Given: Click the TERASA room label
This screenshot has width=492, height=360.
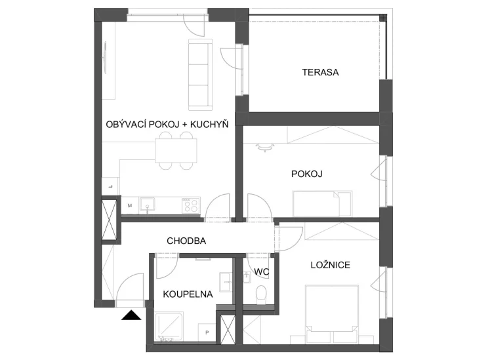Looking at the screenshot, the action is (x=320, y=72).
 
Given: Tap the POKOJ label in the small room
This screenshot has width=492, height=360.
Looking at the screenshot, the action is (x=306, y=174).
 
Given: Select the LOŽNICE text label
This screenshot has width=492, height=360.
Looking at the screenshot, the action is (x=331, y=265).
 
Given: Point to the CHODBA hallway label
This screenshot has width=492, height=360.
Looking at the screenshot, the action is (x=186, y=241).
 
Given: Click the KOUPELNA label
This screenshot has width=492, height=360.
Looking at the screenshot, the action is (x=188, y=294).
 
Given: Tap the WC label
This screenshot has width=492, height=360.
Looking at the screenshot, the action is (x=261, y=271).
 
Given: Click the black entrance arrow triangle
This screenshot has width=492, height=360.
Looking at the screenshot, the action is (x=131, y=315).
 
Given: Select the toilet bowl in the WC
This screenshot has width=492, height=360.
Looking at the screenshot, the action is (x=261, y=295).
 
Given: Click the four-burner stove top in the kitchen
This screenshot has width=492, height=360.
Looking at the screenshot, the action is (x=191, y=205).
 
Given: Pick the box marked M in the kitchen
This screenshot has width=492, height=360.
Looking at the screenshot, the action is (x=130, y=205).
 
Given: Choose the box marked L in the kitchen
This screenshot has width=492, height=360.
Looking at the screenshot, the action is (x=110, y=187).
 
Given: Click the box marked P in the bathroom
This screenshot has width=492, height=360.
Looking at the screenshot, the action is (x=207, y=332).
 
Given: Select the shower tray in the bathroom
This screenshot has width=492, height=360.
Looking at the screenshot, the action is (x=169, y=327).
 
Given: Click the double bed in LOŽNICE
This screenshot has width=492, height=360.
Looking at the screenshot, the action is (x=332, y=314).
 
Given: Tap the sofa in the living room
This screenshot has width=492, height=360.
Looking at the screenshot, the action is (x=201, y=75).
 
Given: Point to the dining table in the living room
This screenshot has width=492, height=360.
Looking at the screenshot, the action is (x=176, y=151).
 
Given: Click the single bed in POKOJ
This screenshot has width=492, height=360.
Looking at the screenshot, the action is (x=322, y=203).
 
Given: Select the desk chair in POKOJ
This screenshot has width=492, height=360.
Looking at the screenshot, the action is (x=265, y=147).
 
